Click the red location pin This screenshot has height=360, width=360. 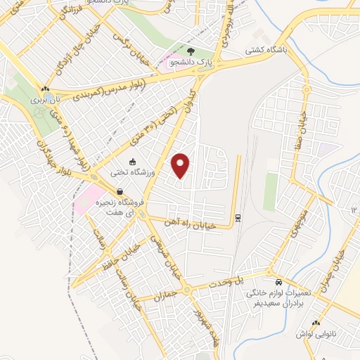click(181, 165)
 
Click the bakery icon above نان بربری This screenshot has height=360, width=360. click(46, 89)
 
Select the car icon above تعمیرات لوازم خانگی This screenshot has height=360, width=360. click(279, 279)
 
